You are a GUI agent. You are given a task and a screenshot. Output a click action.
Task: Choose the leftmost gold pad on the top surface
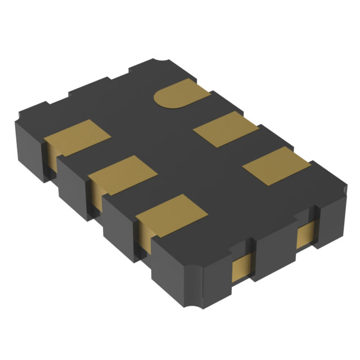[x=77, y=137]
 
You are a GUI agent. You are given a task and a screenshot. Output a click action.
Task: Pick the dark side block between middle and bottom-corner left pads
[x=119, y=217]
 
